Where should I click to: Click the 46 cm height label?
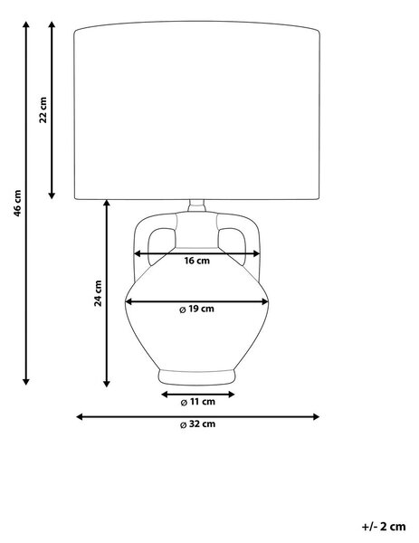17,203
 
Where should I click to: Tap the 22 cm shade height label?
43,110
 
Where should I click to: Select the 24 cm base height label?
99,293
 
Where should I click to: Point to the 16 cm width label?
196,261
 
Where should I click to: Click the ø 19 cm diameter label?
196,309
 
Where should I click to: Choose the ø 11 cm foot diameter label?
197,402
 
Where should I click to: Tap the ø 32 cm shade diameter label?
197,424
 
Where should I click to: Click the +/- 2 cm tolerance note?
384,527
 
